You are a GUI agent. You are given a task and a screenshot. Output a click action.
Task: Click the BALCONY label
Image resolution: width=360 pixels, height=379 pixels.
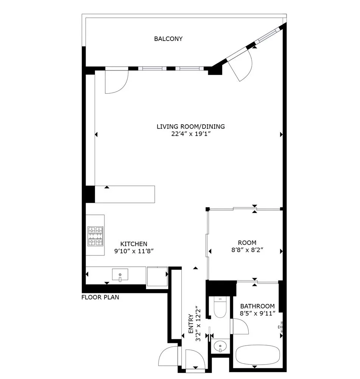[168, 39]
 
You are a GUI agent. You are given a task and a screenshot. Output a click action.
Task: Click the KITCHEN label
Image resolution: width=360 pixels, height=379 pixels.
[134, 244]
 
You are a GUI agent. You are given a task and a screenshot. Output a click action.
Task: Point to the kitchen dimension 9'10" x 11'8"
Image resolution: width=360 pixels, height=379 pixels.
[134, 251]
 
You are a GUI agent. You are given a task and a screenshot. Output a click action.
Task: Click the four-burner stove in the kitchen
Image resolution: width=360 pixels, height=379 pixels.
[95, 236]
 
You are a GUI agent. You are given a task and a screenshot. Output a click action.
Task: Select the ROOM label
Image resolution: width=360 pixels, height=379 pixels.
[247, 243]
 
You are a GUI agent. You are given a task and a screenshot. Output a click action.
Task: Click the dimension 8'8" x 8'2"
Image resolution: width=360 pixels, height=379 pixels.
[247, 250]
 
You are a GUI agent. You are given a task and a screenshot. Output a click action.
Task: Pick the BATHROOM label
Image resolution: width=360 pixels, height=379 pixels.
[257, 306]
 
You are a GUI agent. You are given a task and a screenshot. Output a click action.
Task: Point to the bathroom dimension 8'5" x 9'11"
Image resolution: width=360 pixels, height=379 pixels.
[257, 313]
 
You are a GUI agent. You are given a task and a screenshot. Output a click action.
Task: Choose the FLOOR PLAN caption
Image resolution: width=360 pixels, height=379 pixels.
[100, 297]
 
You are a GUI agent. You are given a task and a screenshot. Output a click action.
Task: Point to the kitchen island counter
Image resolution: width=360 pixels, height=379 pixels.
[125, 194]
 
